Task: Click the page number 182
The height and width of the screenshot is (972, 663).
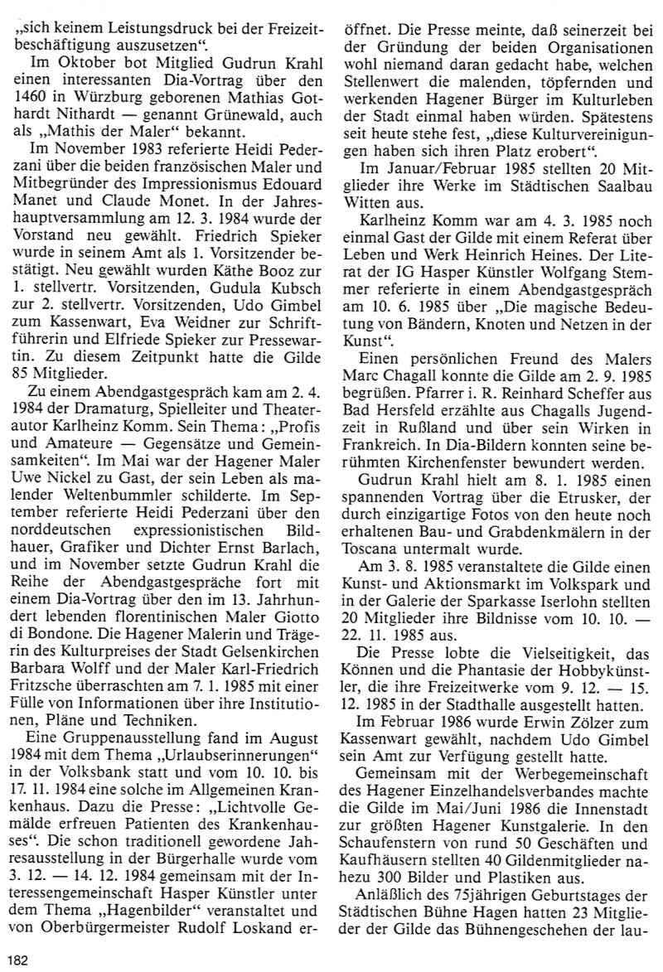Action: (17, 960)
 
